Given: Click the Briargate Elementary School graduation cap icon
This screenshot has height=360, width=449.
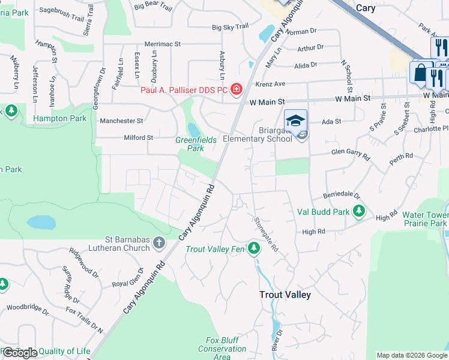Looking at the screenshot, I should tap(296, 121).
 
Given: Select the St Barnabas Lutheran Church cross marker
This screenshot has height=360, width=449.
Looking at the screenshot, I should tap(159, 242).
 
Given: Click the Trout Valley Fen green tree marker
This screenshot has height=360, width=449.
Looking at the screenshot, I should tap(254, 248).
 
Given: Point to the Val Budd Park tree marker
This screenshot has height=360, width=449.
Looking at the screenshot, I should tap(359, 211).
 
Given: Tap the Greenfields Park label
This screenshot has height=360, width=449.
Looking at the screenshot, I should tap(195, 143).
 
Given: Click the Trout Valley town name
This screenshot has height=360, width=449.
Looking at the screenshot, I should tap(285, 295).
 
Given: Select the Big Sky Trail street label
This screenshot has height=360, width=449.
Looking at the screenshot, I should tap(230, 27).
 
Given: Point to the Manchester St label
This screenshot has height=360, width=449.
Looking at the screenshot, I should tap(121, 121).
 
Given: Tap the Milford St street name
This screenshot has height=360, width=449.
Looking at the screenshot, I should tap(138, 137).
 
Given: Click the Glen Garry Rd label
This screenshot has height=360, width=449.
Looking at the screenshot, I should tap(351, 154).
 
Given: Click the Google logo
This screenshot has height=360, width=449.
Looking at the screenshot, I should tap(20, 353).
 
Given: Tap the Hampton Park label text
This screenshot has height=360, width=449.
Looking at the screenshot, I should tap(59, 118).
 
